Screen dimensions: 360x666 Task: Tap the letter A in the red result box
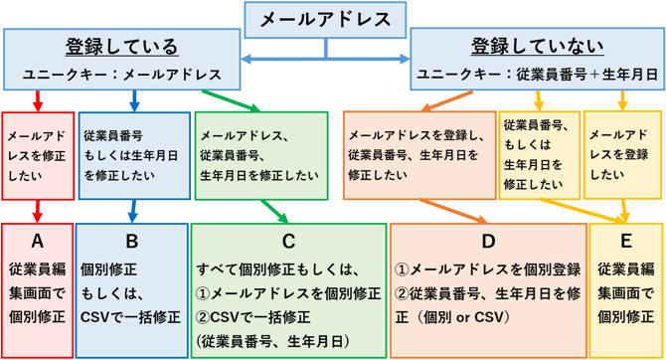38,241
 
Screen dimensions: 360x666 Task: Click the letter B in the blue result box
131,241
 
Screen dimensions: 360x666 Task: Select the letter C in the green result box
288,241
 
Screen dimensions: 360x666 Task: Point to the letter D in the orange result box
487,241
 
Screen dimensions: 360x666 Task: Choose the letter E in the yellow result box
625,241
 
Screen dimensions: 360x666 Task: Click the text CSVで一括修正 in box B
131,317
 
